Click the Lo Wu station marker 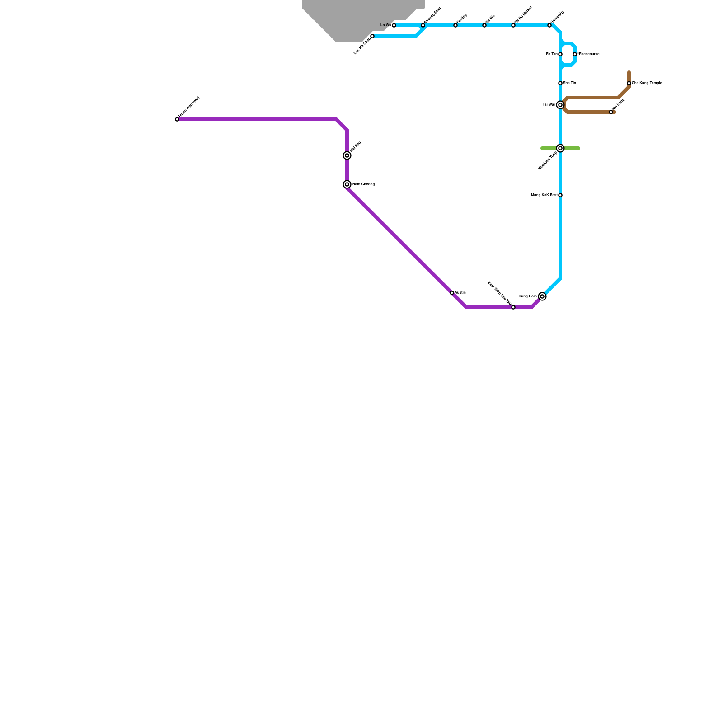(x=394, y=25)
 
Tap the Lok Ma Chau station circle (x=372, y=36)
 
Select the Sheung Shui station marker (x=423, y=25)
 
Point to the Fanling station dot (x=455, y=25)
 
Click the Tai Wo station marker (x=484, y=25)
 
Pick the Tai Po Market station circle (x=513, y=25)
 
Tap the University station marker (x=549, y=25)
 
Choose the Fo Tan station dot (x=560, y=54)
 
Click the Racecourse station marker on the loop (x=575, y=54)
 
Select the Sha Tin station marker (x=560, y=83)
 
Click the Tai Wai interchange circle (x=560, y=105)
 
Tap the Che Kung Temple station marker (x=629, y=83)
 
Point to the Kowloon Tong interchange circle (x=560, y=148)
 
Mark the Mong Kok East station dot (x=560, y=195)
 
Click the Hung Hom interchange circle (x=542, y=296)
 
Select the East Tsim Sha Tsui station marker (x=513, y=307)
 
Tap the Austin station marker (x=452, y=293)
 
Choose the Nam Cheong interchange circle (x=347, y=184)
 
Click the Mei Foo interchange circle (x=347, y=155)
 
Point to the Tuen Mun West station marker (x=177, y=119)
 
